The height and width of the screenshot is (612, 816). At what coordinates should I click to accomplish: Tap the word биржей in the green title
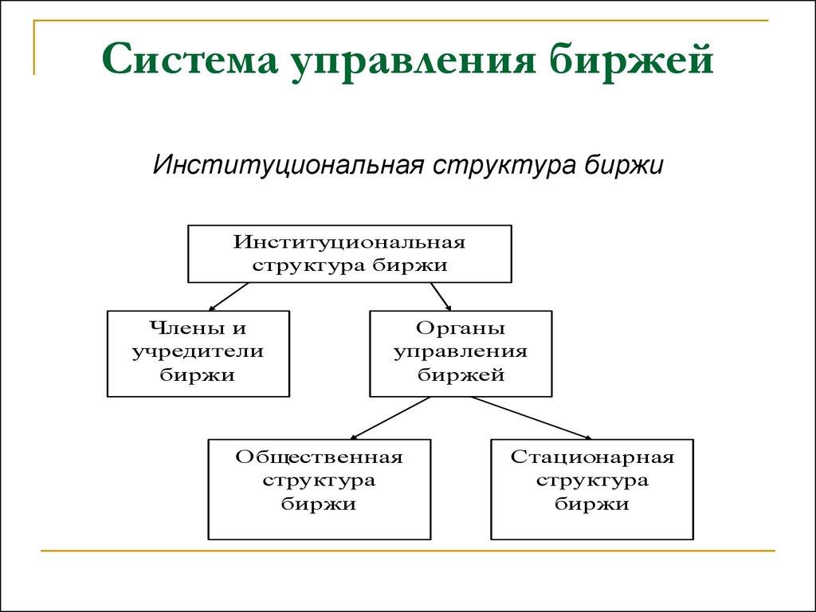pos(645,61)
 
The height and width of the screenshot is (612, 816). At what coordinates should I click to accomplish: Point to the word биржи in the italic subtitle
pos(624,165)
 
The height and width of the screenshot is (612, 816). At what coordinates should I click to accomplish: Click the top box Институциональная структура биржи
pos(349,253)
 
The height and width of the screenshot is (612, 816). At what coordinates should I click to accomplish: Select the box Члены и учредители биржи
pos(198,353)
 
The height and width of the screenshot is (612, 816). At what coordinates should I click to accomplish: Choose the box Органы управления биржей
pos(460,353)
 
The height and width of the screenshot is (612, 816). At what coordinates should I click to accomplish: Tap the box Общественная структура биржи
pos(319,488)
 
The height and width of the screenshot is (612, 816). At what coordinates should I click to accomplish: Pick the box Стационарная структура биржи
pos(592,488)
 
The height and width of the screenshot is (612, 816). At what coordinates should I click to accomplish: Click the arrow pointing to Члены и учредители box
pos(229,296)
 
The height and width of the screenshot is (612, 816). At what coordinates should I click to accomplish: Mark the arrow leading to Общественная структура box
pos(390,418)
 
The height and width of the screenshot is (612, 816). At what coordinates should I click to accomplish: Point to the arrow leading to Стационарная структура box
pos(530,418)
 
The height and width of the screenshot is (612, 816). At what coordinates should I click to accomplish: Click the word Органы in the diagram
pos(461,328)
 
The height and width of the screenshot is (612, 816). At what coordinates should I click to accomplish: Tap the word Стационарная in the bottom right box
pos(592,458)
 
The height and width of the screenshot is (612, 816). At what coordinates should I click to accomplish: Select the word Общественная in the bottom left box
pos(319,458)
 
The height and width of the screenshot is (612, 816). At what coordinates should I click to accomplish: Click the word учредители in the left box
pos(198,351)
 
